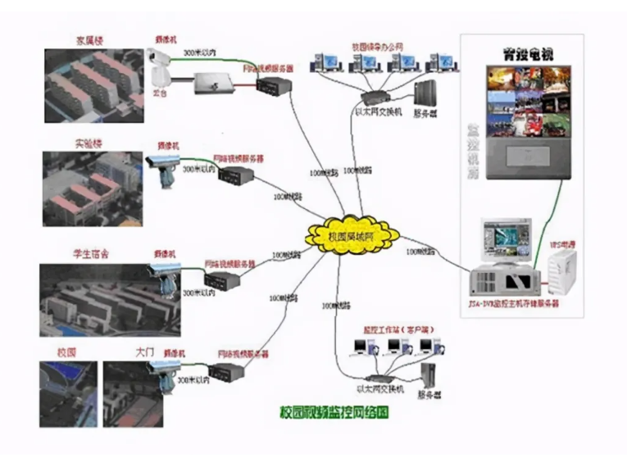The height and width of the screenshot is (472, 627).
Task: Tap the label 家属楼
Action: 91,39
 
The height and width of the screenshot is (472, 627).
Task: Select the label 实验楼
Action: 91,143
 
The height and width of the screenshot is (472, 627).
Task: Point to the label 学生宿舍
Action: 91,253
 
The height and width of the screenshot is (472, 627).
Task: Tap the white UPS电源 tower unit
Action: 562,273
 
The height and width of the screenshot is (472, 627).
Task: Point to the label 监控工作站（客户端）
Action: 393,329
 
